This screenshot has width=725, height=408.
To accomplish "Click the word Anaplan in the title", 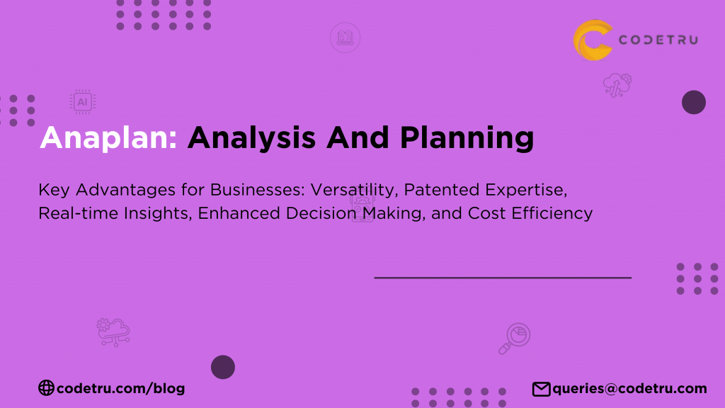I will tap(108, 138).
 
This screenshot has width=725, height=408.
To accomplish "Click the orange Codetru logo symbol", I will tap(592, 40).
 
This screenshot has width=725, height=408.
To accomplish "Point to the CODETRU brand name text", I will tap(658, 40).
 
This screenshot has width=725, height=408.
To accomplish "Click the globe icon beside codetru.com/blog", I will tap(46, 387).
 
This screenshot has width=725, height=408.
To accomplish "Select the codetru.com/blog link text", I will tap(120, 387).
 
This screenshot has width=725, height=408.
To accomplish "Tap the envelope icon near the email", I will tap(541, 388).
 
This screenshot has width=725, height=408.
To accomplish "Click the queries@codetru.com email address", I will tap(629, 388).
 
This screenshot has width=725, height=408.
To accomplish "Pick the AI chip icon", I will tap(83, 102).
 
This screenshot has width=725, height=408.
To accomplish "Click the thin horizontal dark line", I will tap(503, 278).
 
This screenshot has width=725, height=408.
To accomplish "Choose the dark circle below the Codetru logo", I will tap(694, 103).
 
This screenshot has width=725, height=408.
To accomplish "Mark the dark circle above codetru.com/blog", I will tap(223, 367).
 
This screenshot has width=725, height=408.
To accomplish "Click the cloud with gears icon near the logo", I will tap(617, 85).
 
